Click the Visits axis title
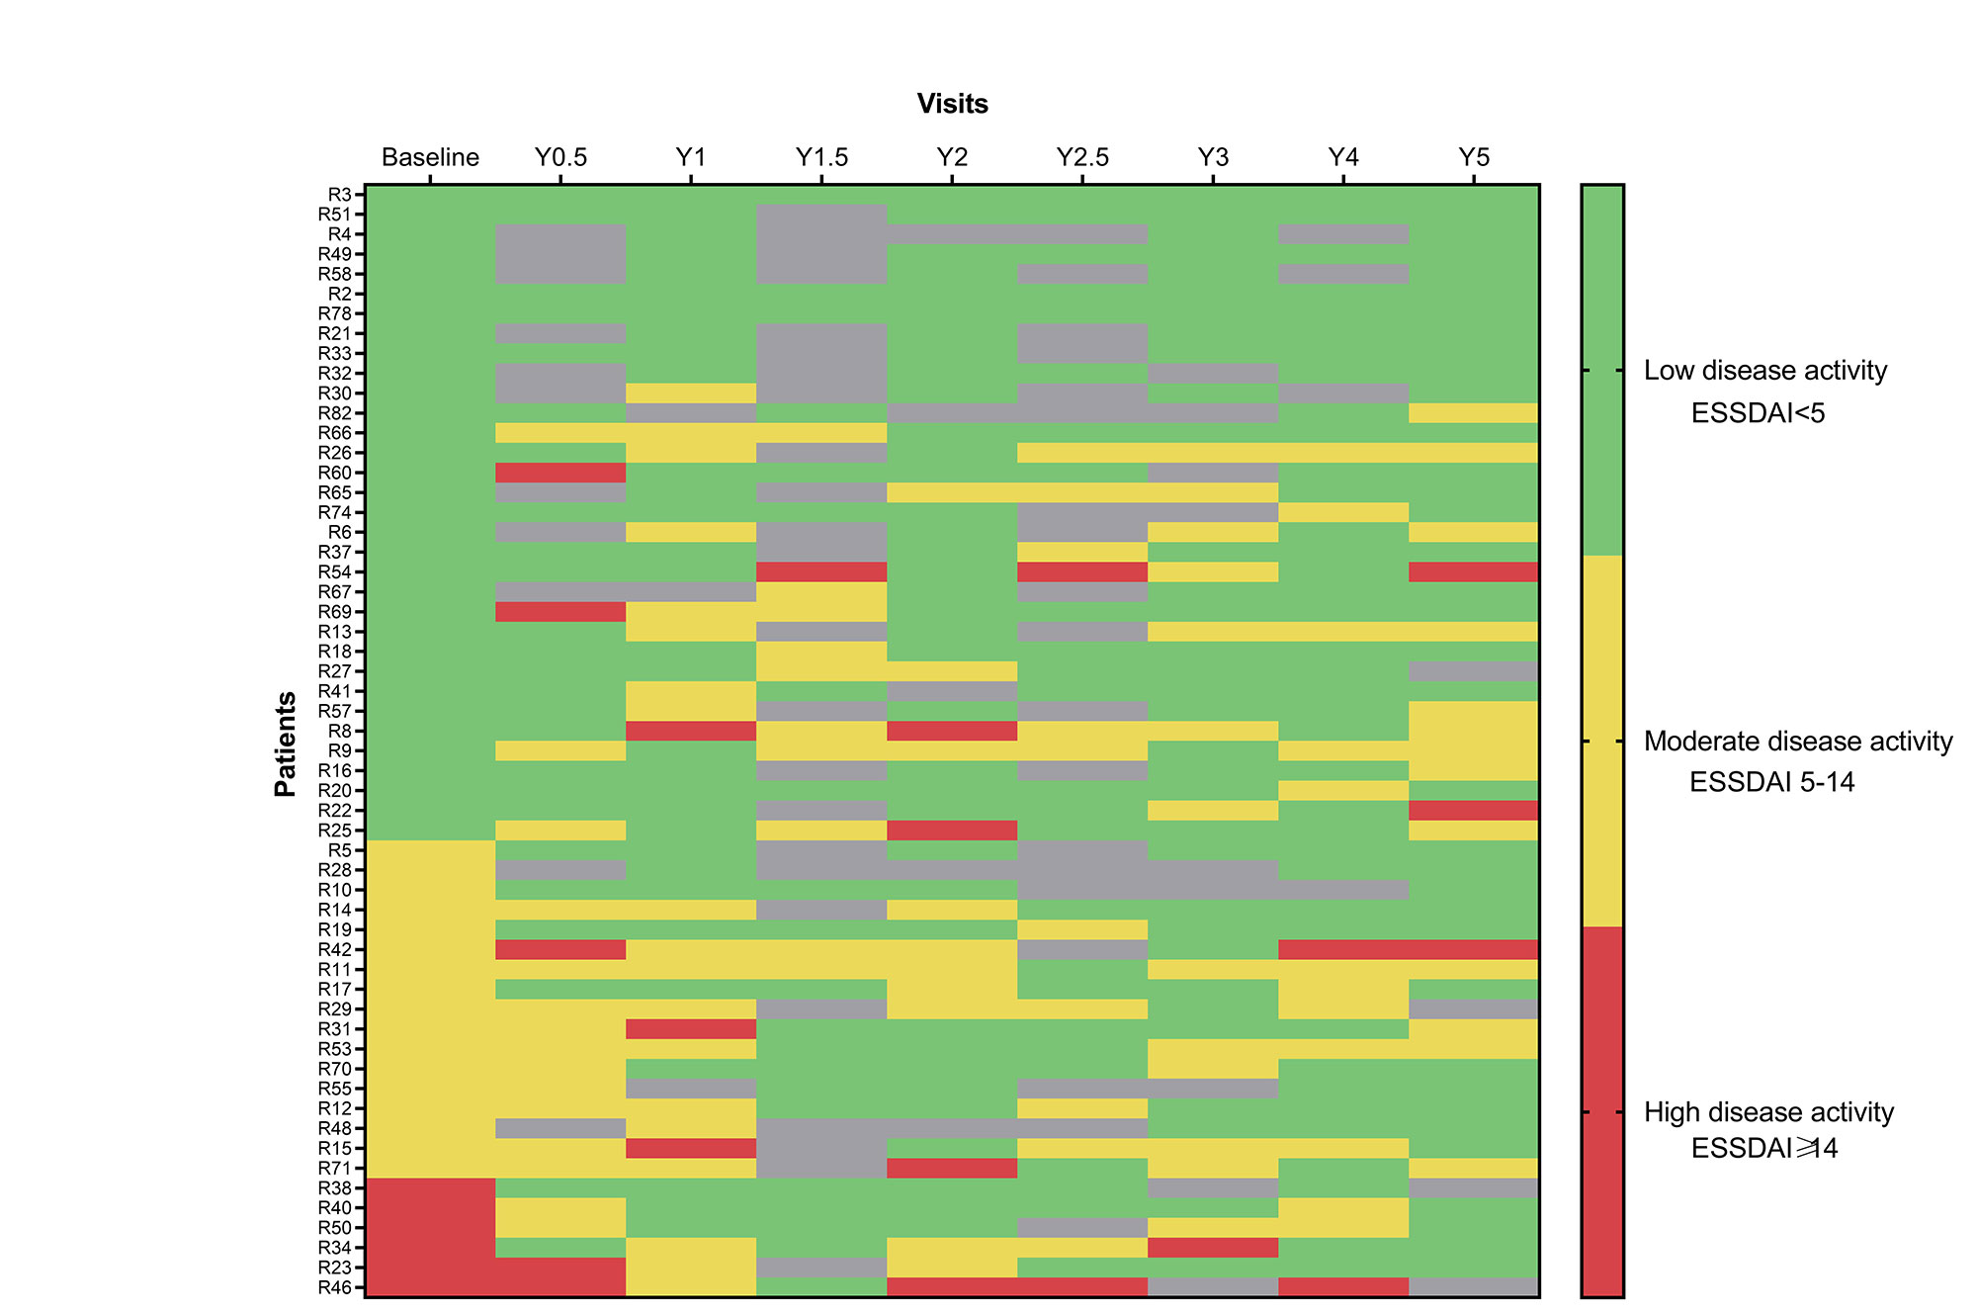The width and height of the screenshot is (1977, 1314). click(x=952, y=104)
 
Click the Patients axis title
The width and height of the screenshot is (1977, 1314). click(x=286, y=744)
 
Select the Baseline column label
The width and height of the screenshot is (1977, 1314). click(x=430, y=157)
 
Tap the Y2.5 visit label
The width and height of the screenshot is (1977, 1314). click(x=1082, y=157)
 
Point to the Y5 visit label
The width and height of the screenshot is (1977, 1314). click(x=1473, y=157)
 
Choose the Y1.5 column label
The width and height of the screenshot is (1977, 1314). click(x=821, y=157)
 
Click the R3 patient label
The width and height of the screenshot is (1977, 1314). click(x=340, y=195)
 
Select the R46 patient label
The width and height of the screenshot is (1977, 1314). click(x=335, y=1287)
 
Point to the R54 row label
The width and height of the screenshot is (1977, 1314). click(x=335, y=571)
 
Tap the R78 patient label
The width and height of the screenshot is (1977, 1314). click(x=335, y=313)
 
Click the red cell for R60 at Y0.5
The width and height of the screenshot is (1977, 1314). click(x=560, y=473)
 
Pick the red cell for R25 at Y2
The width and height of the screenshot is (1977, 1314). click(x=952, y=830)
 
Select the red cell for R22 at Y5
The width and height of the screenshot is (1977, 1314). click(x=1473, y=810)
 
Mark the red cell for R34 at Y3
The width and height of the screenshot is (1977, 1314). click(x=1213, y=1248)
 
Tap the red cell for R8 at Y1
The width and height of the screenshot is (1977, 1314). click(x=691, y=731)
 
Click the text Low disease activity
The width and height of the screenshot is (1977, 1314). click(x=1764, y=371)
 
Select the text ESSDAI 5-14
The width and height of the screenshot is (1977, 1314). click(x=1771, y=782)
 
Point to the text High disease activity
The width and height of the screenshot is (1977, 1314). click(x=1768, y=1112)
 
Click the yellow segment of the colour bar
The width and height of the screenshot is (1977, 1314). click(x=1602, y=741)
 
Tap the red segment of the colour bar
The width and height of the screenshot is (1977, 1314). click(x=1602, y=1111)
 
